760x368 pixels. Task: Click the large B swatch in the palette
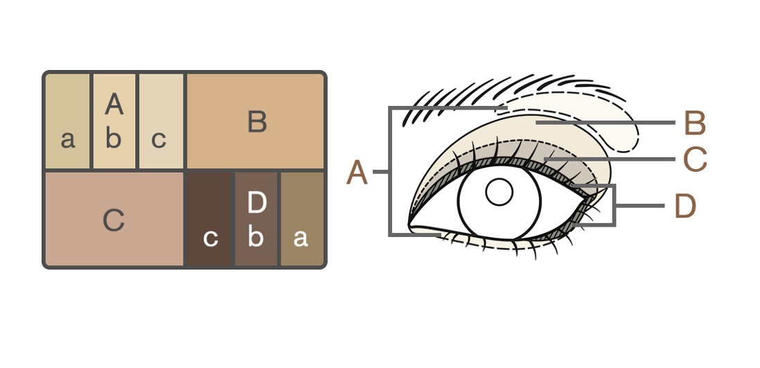point(255,121)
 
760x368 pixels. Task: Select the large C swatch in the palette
point(114,219)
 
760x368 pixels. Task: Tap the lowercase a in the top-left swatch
point(68,140)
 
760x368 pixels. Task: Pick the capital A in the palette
point(114,104)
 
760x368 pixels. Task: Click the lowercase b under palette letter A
point(114,138)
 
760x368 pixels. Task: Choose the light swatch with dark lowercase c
point(161,121)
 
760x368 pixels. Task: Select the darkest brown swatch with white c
point(209,219)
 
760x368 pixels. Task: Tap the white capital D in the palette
point(257,202)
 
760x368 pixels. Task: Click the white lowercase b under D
point(256,236)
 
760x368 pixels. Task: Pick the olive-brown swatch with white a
point(302,219)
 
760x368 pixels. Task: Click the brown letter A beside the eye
point(357,173)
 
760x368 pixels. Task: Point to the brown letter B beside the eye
point(695,123)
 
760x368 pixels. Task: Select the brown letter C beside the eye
point(695,159)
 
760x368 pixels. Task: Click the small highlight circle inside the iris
point(500,192)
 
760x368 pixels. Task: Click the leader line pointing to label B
point(605,123)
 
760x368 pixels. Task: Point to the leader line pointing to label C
point(609,159)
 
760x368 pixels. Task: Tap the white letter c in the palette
point(211,238)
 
